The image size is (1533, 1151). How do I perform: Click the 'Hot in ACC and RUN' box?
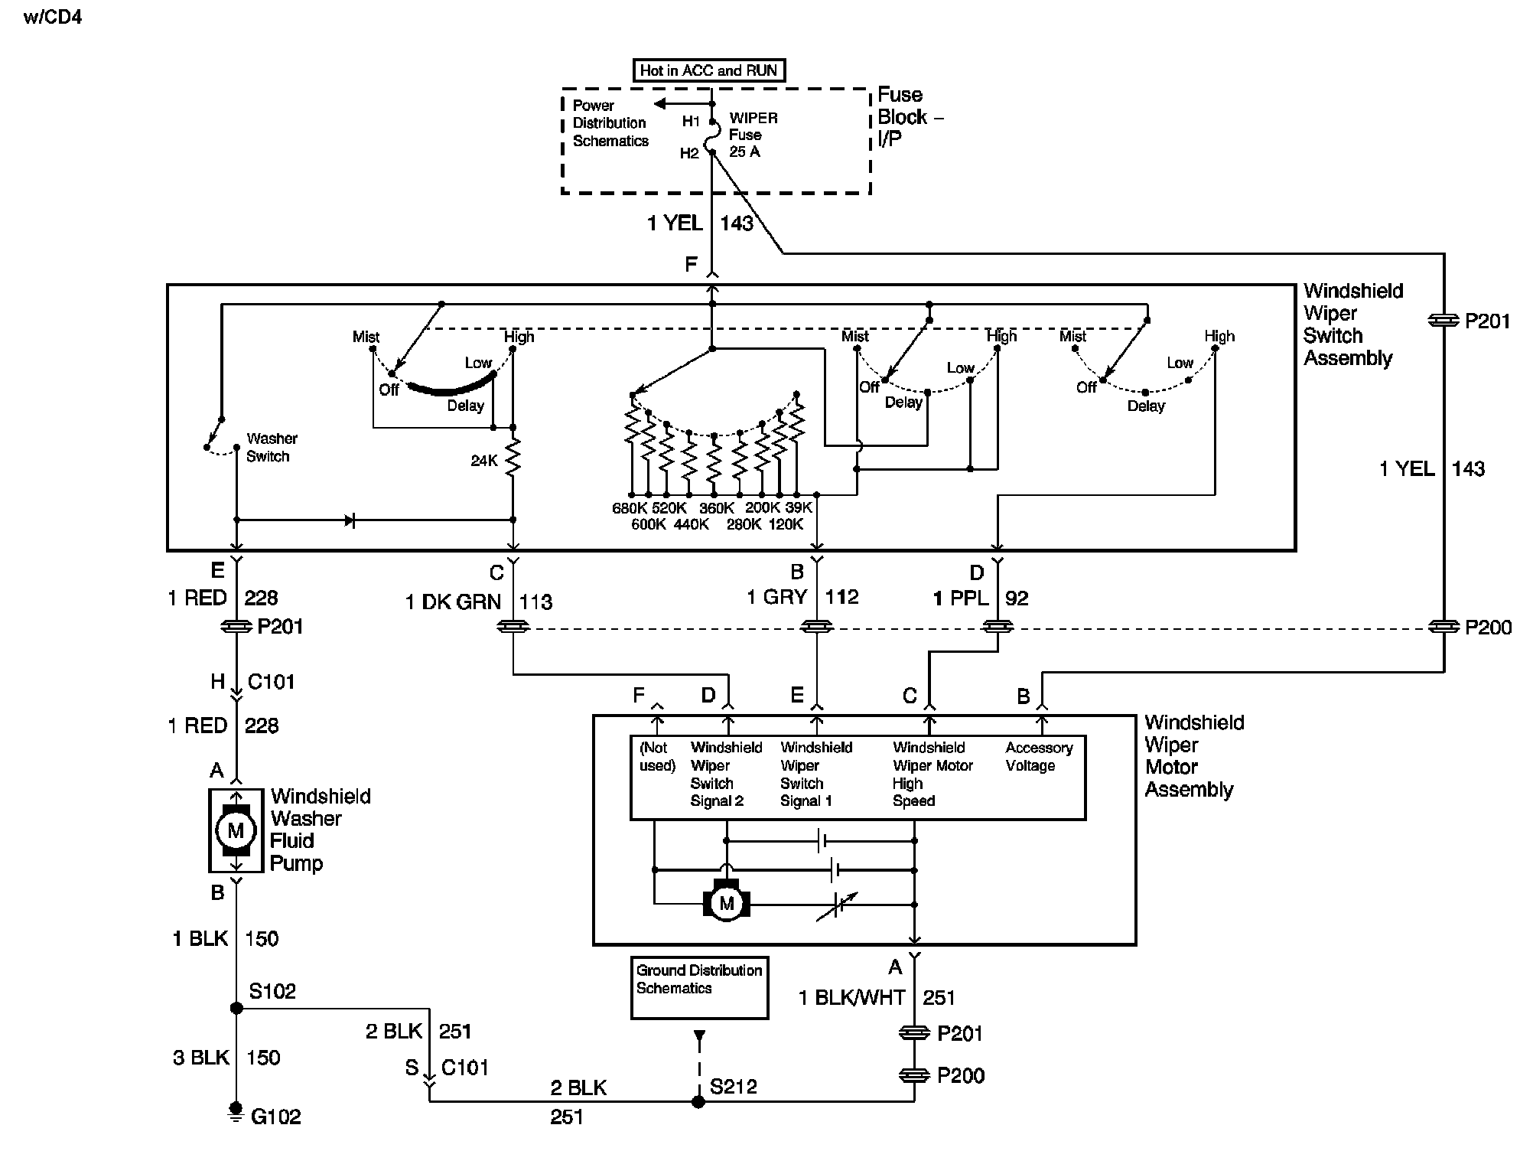709,71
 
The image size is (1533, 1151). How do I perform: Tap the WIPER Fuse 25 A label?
753,135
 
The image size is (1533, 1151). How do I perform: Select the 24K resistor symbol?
513,458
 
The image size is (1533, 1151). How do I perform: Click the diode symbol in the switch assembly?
350,520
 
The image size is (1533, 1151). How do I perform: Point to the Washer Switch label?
272,447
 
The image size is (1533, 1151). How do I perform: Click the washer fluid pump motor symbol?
236,830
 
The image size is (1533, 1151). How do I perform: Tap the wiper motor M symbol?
726,902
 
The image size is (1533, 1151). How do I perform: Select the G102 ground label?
275,1117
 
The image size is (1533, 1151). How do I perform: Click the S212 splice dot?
698,1101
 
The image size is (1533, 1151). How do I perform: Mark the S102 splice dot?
236,1008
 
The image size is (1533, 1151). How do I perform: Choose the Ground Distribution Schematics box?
699,987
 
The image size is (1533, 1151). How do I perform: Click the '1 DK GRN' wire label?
453,602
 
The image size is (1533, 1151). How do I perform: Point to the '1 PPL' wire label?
961,598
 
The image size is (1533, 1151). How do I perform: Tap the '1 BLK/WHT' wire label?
851,997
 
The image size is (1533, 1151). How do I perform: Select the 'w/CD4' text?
53,17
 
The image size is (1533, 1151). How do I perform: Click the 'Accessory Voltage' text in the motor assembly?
1039,756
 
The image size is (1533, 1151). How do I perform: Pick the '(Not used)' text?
656,756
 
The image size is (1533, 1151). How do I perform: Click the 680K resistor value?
630,507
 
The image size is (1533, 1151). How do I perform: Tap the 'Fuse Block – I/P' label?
910,116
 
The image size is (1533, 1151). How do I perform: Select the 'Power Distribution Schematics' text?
610,123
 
